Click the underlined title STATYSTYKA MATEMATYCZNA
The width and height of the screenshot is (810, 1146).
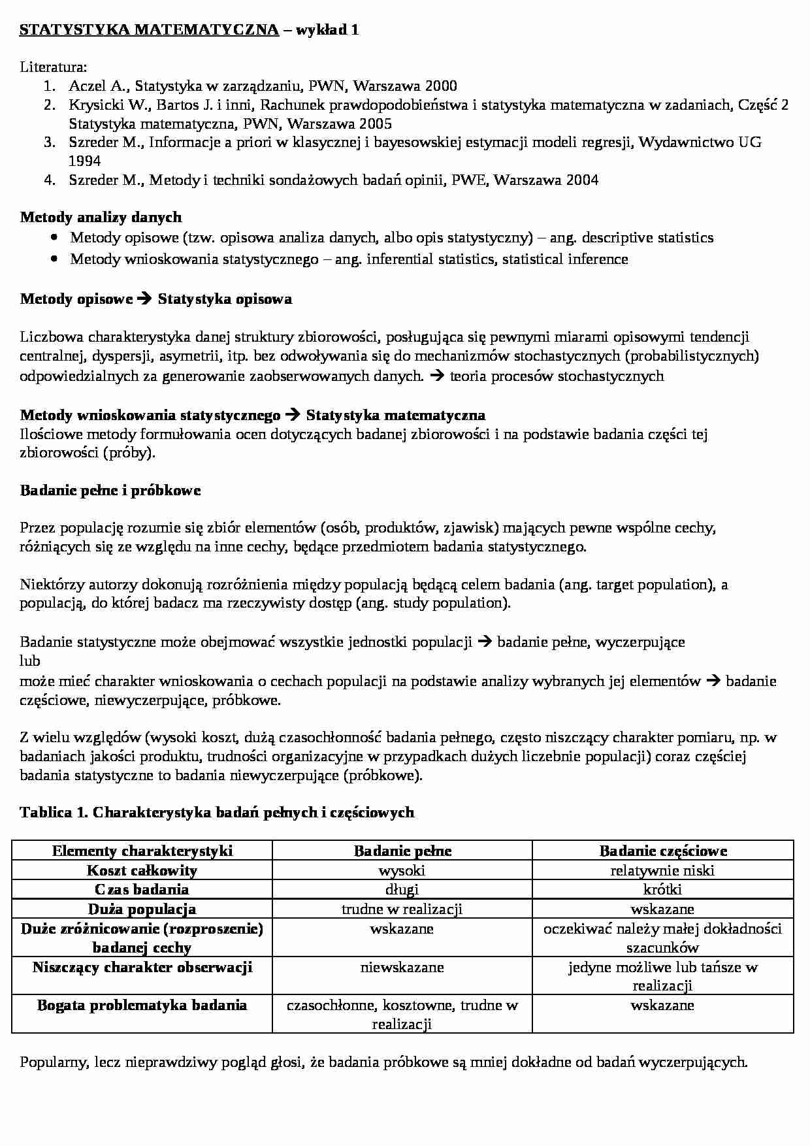pyautogui.click(x=149, y=30)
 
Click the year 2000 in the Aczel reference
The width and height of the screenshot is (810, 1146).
pyautogui.click(x=441, y=86)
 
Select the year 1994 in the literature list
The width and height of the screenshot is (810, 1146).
pyautogui.click(x=84, y=161)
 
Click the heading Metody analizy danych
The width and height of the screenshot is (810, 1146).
pyautogui.click(x=101, y=217)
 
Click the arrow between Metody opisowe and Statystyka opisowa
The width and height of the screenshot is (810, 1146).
pyautogui.click(x=145, y=299)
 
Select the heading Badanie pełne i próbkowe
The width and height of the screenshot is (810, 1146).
pyautogui.click(x=110, y=491)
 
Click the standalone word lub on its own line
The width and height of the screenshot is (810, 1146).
pyautogui.click(x=30, y=661)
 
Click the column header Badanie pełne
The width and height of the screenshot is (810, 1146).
pyautogui.click(x=402, y=851)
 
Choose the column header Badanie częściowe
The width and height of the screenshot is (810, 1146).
pyautogui.click(x=662, y=851)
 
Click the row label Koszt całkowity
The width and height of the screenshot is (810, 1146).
pyautogui.click(x=142, y=870)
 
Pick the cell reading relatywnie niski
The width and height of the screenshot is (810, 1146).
pyautogui.click(x=662, y=870)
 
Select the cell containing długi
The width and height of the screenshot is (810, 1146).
pyautogui.click(x=402, y=889)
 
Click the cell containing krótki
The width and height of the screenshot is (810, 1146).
pyautogui.click(x=662, y=889)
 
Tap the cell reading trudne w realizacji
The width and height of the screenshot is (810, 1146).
pyautogui.click(x=402, y=909)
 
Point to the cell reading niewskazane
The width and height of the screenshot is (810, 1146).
pyautogui.click(x=402, y=967)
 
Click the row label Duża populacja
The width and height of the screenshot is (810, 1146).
pyautogui.click(x=142, y=909)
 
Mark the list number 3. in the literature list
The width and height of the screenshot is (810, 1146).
pyautogui.click(x=50, y=142)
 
